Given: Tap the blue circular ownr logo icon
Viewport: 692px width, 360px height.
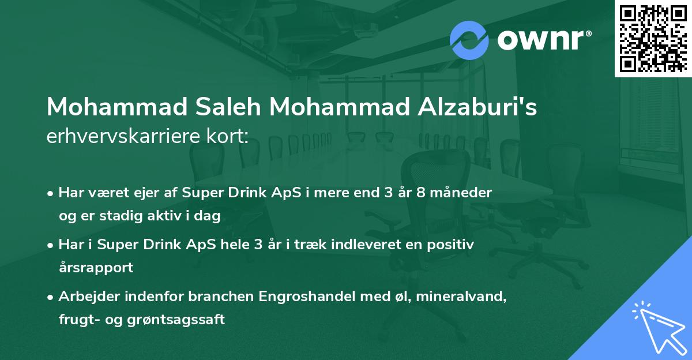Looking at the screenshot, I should pyautogui.click(x=469, y=40).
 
